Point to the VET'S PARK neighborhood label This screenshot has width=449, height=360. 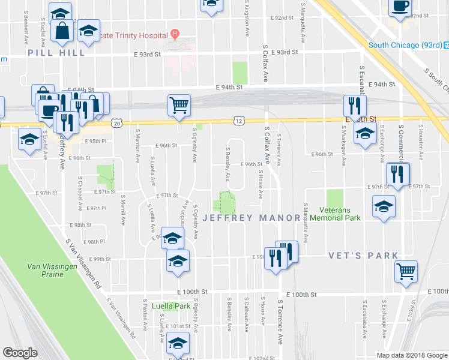click(363, 256)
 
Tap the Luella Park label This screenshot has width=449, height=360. click(171, 306)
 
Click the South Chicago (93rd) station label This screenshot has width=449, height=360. click(405, 45)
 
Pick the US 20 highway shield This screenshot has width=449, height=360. click(116, 123)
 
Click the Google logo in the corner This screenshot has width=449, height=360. click(20, 352)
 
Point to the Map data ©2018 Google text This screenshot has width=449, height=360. click(411, 355)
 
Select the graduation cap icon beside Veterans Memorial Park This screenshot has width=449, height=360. click(384, 207)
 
